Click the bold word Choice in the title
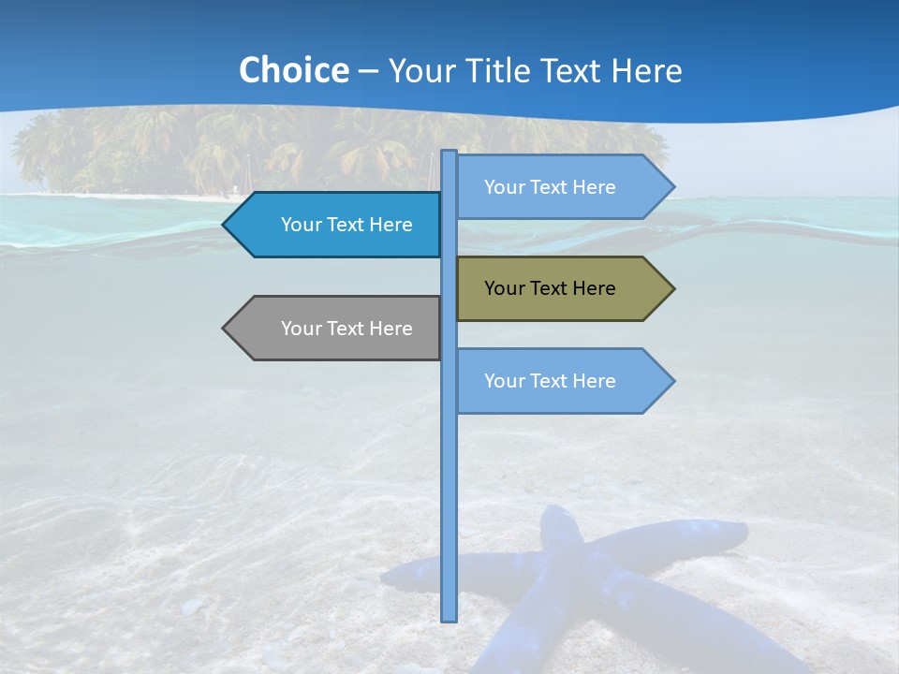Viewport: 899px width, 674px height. click(293, 70)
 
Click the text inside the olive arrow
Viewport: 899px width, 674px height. click(550, 288)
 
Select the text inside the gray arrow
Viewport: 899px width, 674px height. click(346, 329)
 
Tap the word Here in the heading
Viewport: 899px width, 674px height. click(647, 70)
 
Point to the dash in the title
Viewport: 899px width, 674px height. click(368, 71)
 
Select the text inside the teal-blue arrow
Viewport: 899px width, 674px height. click(346, 225)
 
